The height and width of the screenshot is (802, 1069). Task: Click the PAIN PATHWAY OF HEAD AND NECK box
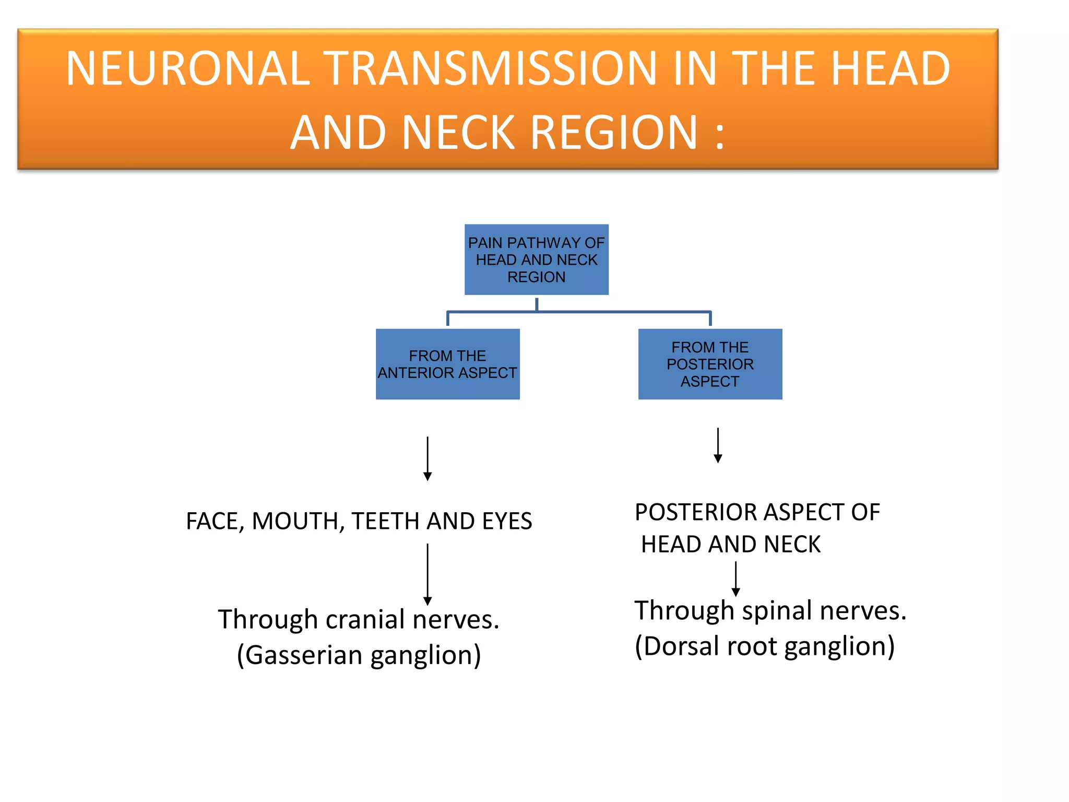536,260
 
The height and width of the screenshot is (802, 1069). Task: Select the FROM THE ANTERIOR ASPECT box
447,364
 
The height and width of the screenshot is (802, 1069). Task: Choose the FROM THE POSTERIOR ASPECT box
710,364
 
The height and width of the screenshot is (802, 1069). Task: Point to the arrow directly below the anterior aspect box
427,458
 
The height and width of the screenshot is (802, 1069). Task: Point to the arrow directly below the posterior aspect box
718,445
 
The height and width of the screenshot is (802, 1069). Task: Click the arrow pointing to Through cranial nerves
427,574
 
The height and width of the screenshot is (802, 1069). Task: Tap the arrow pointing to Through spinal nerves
735,579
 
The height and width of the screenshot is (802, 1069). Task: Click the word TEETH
386,521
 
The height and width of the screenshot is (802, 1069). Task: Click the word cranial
365,620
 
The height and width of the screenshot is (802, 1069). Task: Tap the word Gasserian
303,655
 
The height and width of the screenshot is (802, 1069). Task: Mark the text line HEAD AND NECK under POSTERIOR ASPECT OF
730,544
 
